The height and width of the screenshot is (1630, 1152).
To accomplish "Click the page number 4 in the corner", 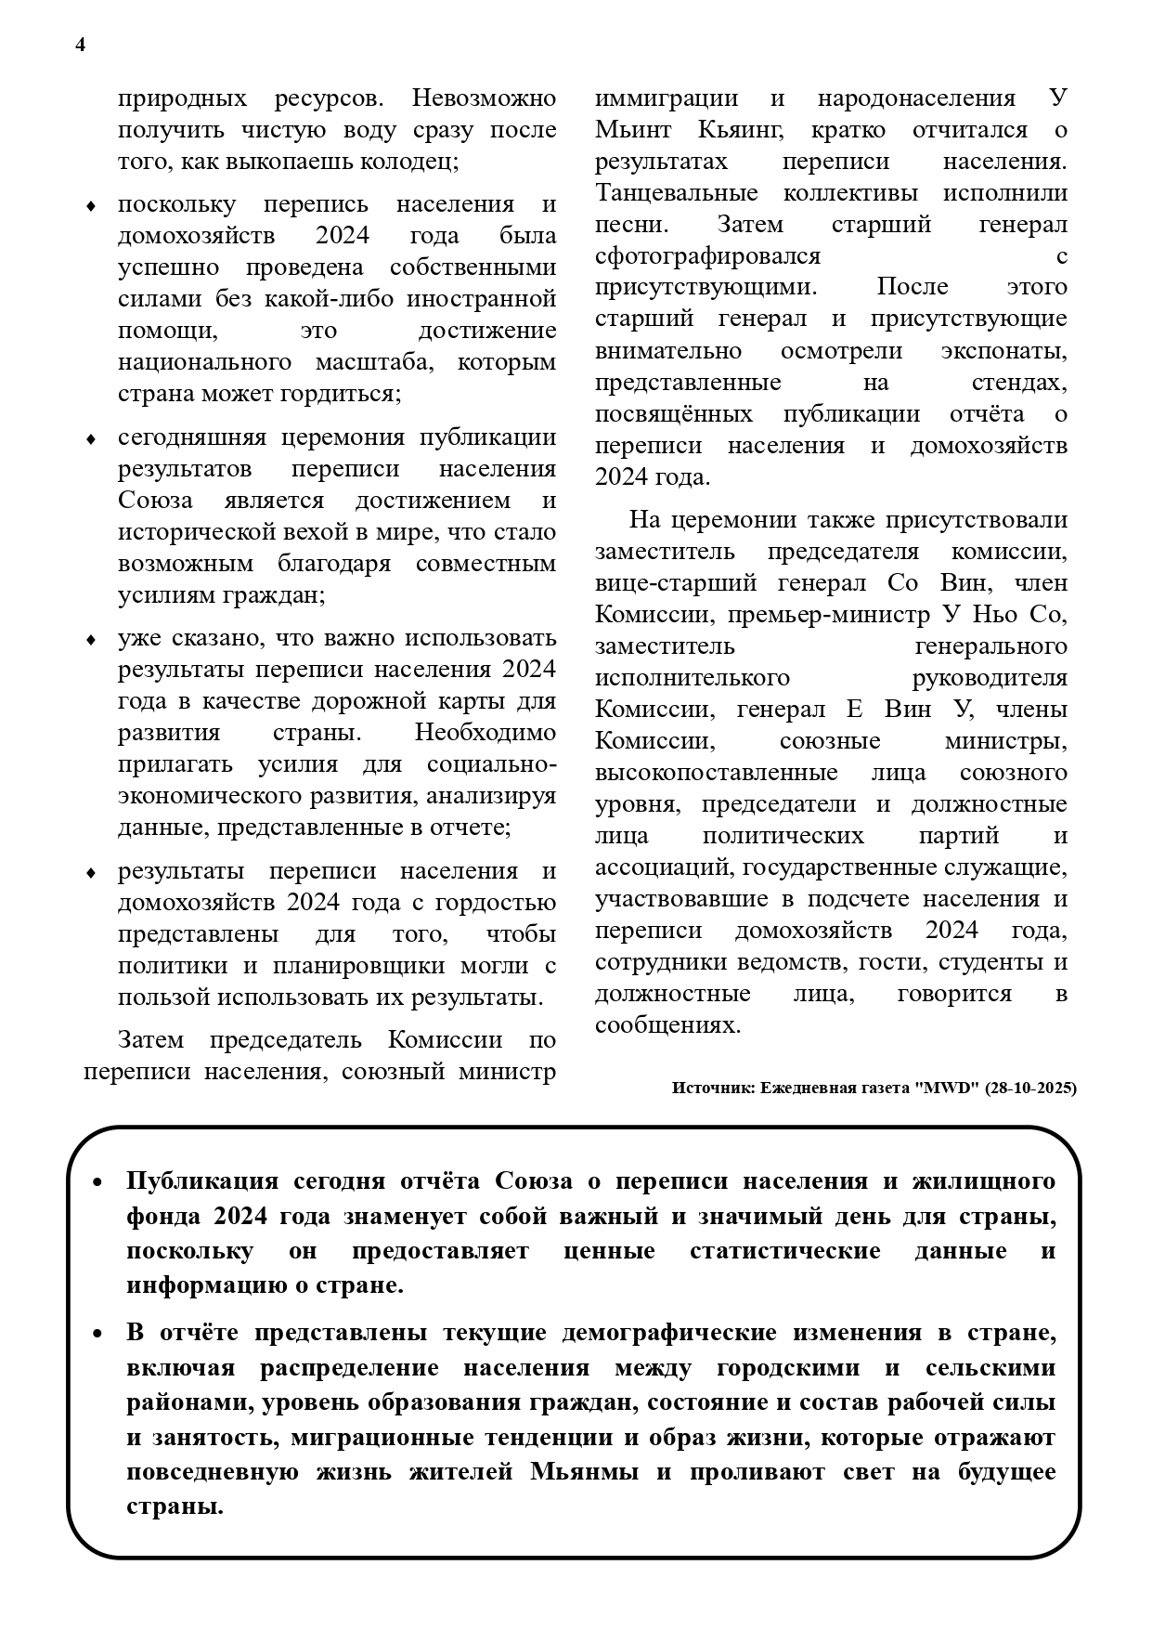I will click(x=81, y=46).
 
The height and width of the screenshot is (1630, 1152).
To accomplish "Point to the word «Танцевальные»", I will click(x=677, y=193).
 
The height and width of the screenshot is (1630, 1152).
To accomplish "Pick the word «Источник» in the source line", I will click(x=710, y=1088).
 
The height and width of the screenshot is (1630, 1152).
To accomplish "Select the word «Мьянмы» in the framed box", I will click(x=580, y=1472).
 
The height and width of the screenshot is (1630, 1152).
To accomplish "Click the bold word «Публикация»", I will click(x=202, y=1181).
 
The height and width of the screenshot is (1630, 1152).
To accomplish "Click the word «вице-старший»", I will click(x=676, y=583).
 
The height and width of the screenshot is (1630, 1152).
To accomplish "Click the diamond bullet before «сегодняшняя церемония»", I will click(x=91, y=439).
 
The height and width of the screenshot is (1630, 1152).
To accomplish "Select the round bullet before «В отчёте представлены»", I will click(x=97, y=1335).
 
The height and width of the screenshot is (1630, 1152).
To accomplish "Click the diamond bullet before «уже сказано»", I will click(x=91, y=640).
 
